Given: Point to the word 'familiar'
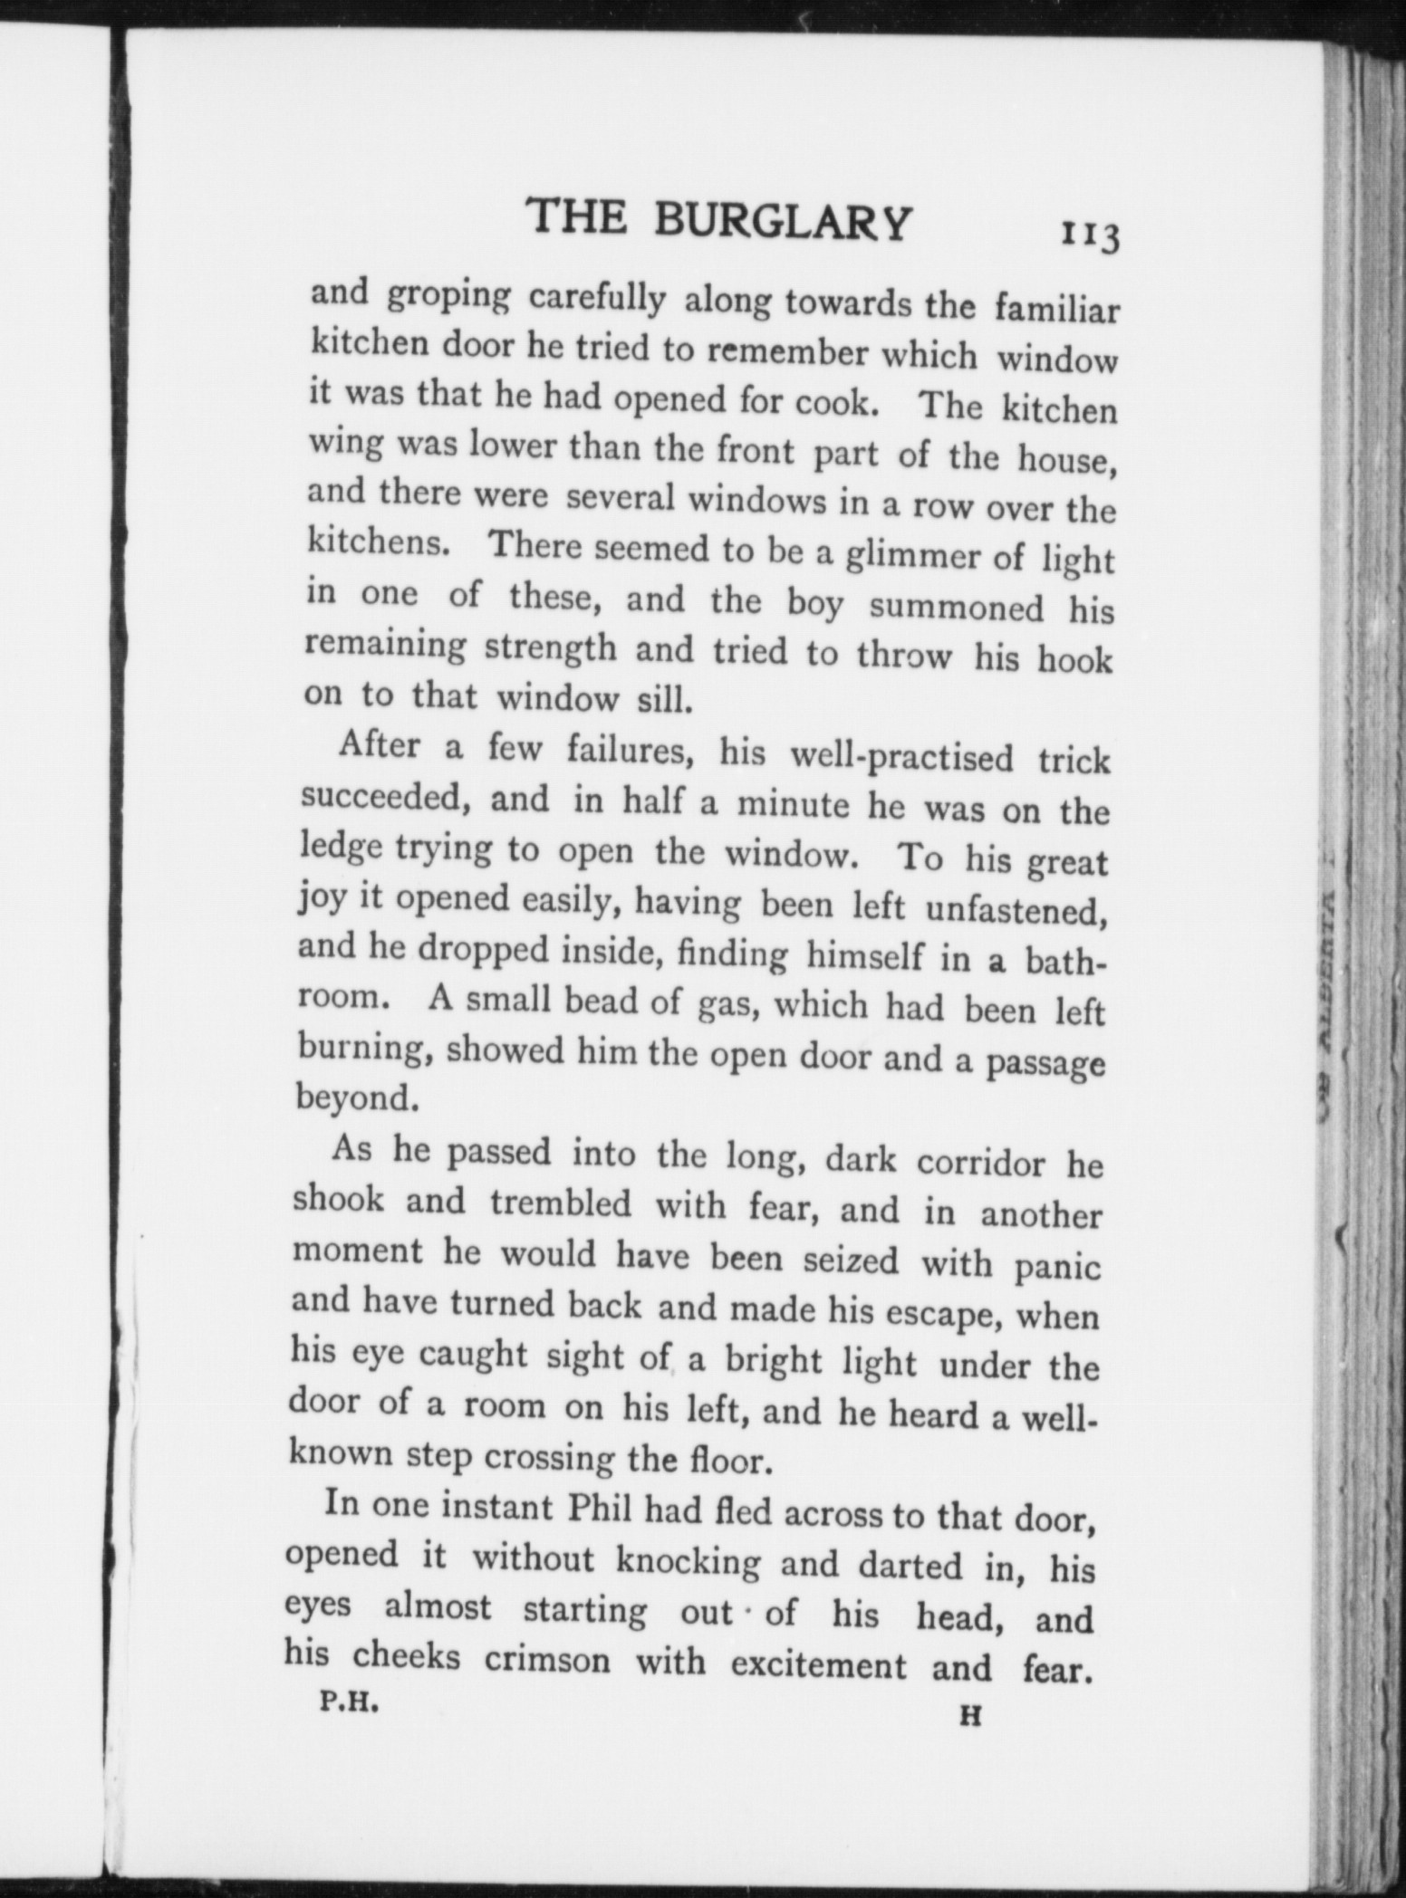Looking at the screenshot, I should click(1057, 311).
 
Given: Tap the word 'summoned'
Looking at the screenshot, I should click(957, 606).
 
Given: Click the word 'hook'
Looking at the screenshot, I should click(1074, 659).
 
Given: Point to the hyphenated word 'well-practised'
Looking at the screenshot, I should click(903, 755).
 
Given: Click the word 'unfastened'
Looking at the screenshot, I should click(1016, 909).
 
